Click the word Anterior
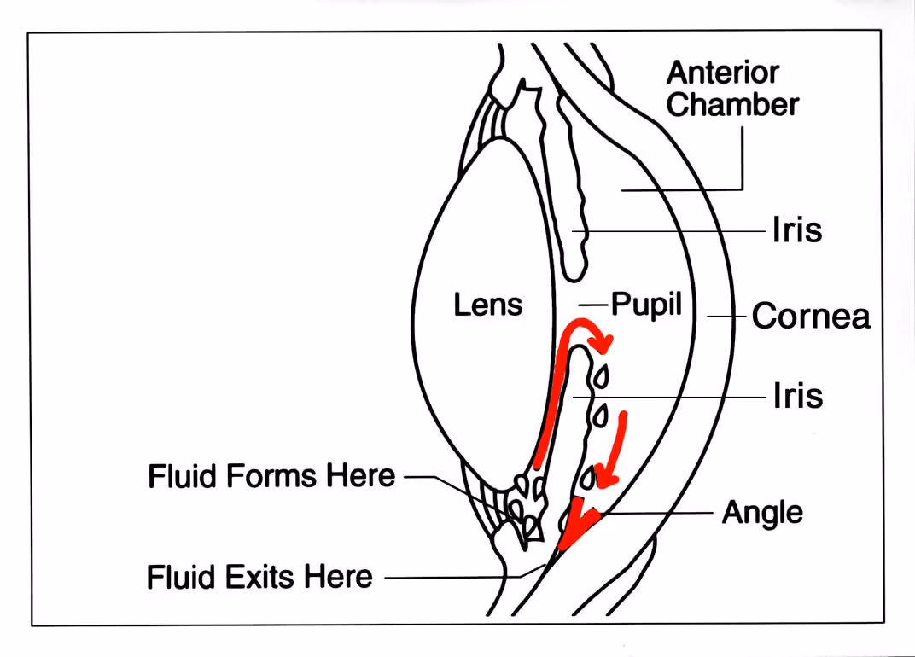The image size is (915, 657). [x=723, y=73]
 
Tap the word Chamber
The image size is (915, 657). [x=732, y=105]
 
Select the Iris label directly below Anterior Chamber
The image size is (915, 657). [x=796, y=231]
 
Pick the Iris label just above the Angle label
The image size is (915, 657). [x=796, y=397]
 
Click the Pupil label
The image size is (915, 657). [x=646, y=305]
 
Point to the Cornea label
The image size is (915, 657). [x=810, y=317]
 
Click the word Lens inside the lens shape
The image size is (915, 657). [x=487, y=305]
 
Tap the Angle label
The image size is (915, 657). [x=762, y=514]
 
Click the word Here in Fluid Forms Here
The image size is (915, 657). [x=361, y=476]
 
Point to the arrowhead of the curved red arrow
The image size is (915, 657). [x=604, y=343]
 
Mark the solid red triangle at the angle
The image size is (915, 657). [x=572, y=526]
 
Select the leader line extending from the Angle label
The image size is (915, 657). [x=657, y=514]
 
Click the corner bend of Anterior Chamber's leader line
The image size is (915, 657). [x=742, y=189]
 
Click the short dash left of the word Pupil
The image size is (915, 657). [x=592, y=305]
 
